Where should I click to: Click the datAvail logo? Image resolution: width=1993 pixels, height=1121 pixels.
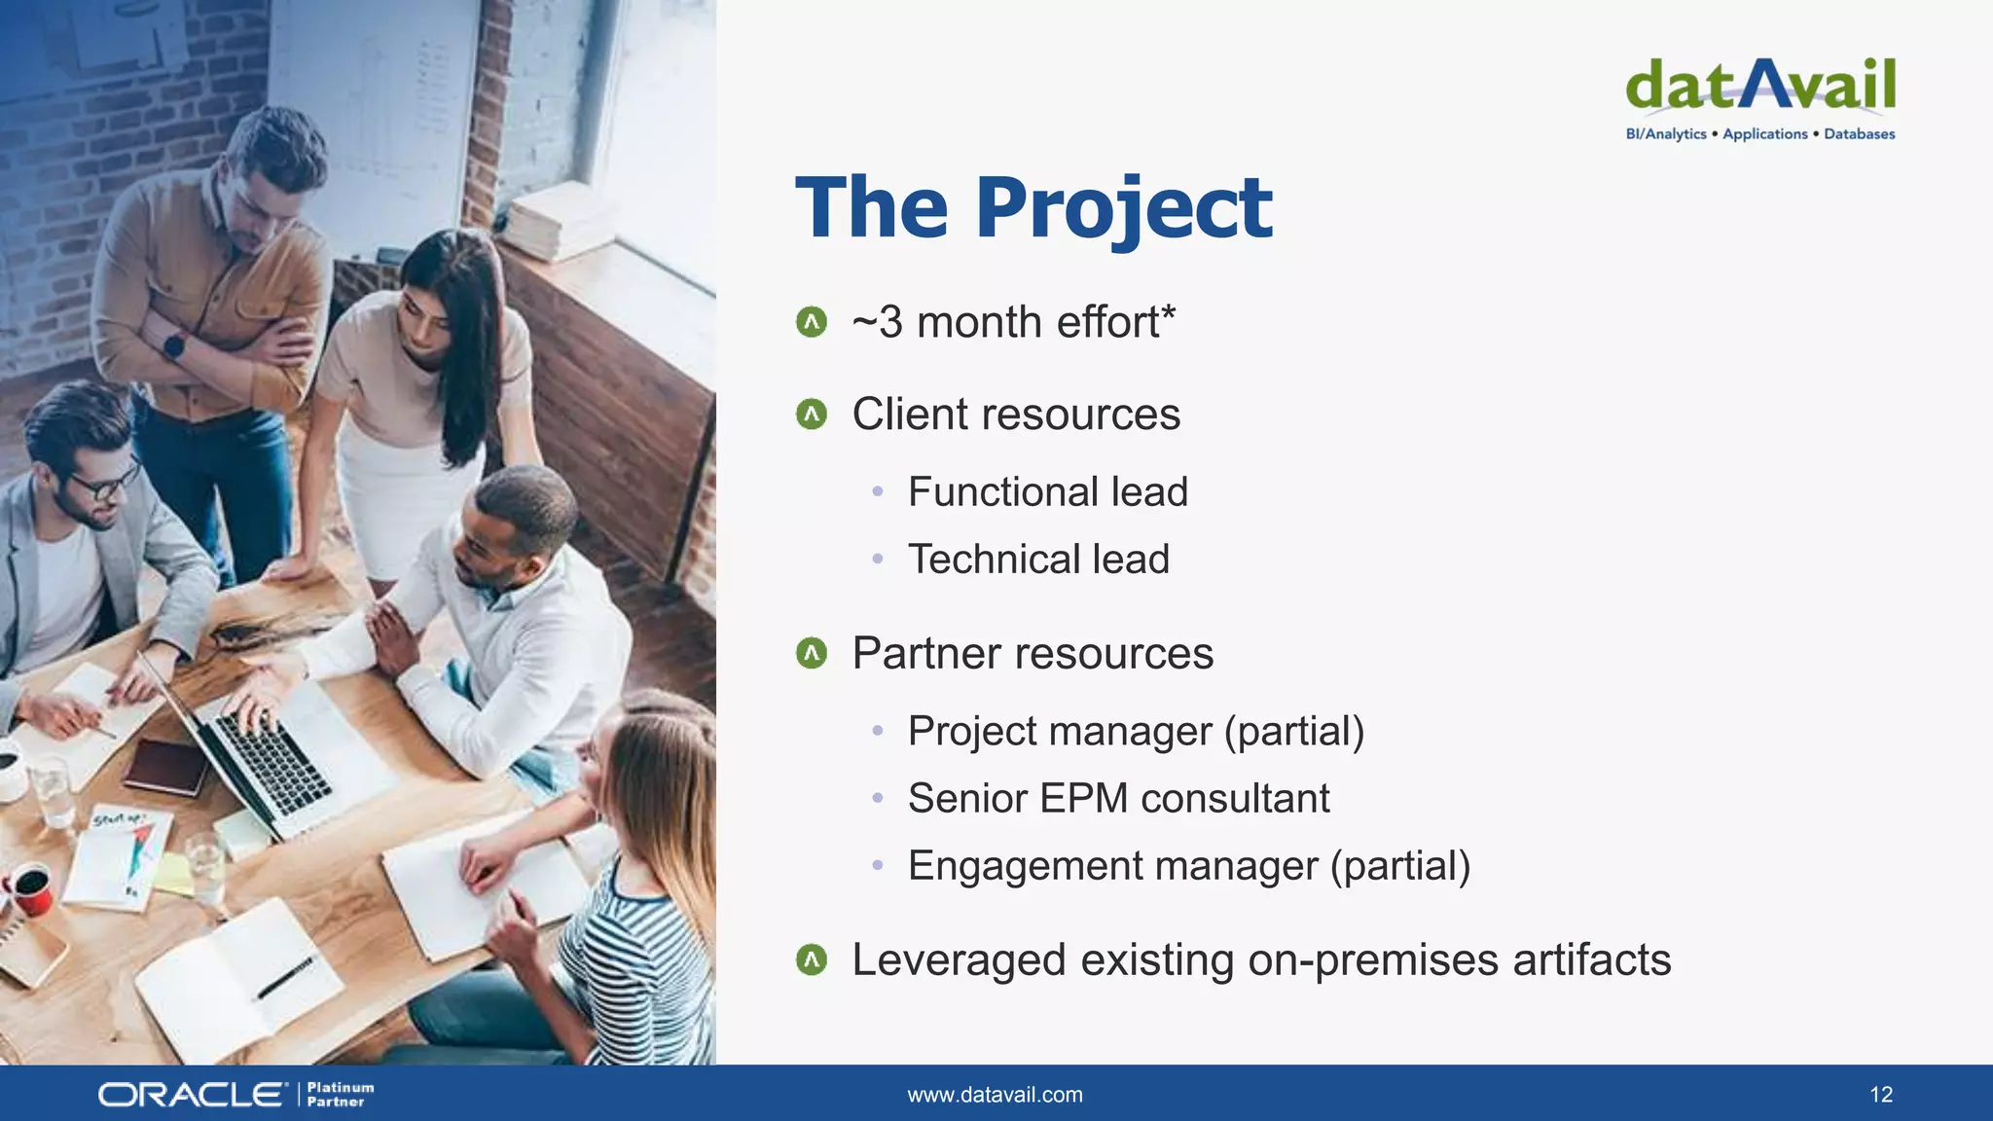(1759, 86)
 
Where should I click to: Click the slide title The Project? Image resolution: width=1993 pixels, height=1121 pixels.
(1033, 207)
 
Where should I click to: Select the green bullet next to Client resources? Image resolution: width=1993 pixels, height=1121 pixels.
(811, 415)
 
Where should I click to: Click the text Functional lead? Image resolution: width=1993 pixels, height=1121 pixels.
(1047, 491)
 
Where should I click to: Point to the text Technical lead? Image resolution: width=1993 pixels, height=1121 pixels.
(1037, 560)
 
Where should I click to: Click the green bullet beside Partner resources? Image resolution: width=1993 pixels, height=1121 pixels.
(811, 653)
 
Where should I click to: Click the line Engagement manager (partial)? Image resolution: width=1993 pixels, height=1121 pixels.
(1188, 866)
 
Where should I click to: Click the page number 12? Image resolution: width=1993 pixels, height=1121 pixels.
(1880, 1095)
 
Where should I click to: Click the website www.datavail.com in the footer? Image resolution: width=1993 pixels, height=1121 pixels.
(995, 1095)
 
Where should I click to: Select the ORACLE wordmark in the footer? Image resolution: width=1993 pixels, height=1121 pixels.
(192, 1095)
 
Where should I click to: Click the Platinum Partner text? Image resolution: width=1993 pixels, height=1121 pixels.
(340, 1095)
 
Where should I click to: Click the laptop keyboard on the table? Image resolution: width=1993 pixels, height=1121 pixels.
(272, 764)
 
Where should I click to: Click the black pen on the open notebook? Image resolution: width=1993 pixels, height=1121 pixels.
(285, 978)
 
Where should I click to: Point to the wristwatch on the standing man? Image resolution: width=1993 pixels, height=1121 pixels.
(175, 344)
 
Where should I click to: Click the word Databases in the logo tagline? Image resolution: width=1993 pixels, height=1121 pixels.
(1859, 134)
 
